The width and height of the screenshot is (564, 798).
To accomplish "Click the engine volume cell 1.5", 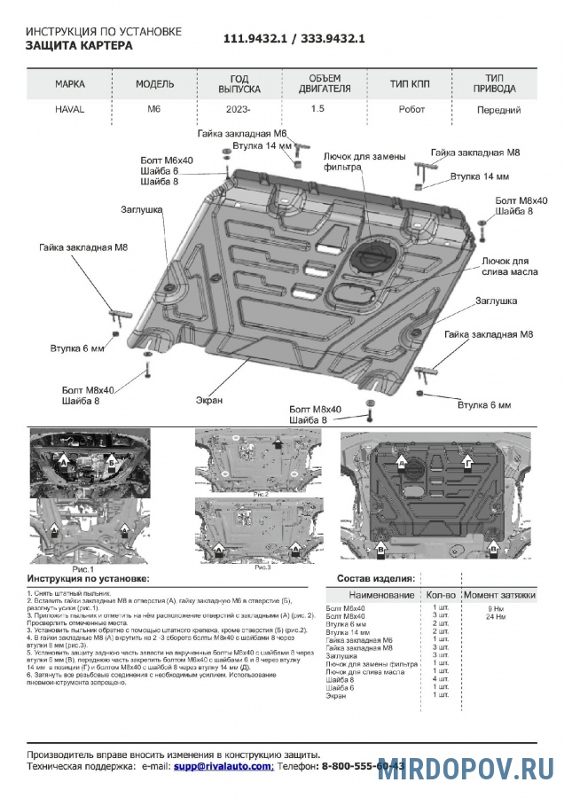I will tap(317, 110).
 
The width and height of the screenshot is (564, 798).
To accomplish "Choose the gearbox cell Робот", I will tap(407, 110).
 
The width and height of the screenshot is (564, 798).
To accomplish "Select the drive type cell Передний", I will tap(497, 110).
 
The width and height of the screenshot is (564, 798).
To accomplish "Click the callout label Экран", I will tap(210, 400).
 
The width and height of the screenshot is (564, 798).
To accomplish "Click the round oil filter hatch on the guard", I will tap(367, 260).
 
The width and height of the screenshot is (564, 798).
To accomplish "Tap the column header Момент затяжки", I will tap(499, 594).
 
